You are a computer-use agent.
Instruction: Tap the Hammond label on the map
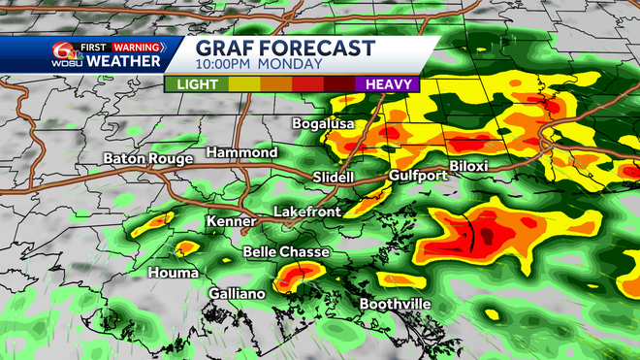click(x=241, y=153)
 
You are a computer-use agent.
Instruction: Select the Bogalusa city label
click(x=324, y=124)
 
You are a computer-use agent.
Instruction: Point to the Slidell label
click(x=336, y=177)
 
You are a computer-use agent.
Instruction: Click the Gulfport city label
click(x=416, y=176)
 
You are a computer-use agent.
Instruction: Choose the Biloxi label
click(x=468, y=166)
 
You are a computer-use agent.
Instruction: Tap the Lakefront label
click(x=304, y=211)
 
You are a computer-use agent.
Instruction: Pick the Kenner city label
click(x=231, y=222)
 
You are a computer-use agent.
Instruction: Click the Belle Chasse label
click(x=286, y=252)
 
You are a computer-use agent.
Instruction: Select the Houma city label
click(x=173, y=273)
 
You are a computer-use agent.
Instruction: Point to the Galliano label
click(x=236, y=293)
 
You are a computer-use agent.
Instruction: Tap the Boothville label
click(x=396, y=304)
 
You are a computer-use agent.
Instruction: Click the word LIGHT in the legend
click(x=196, y=84)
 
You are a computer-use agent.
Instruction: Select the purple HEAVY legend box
click(x=387, y=84)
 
